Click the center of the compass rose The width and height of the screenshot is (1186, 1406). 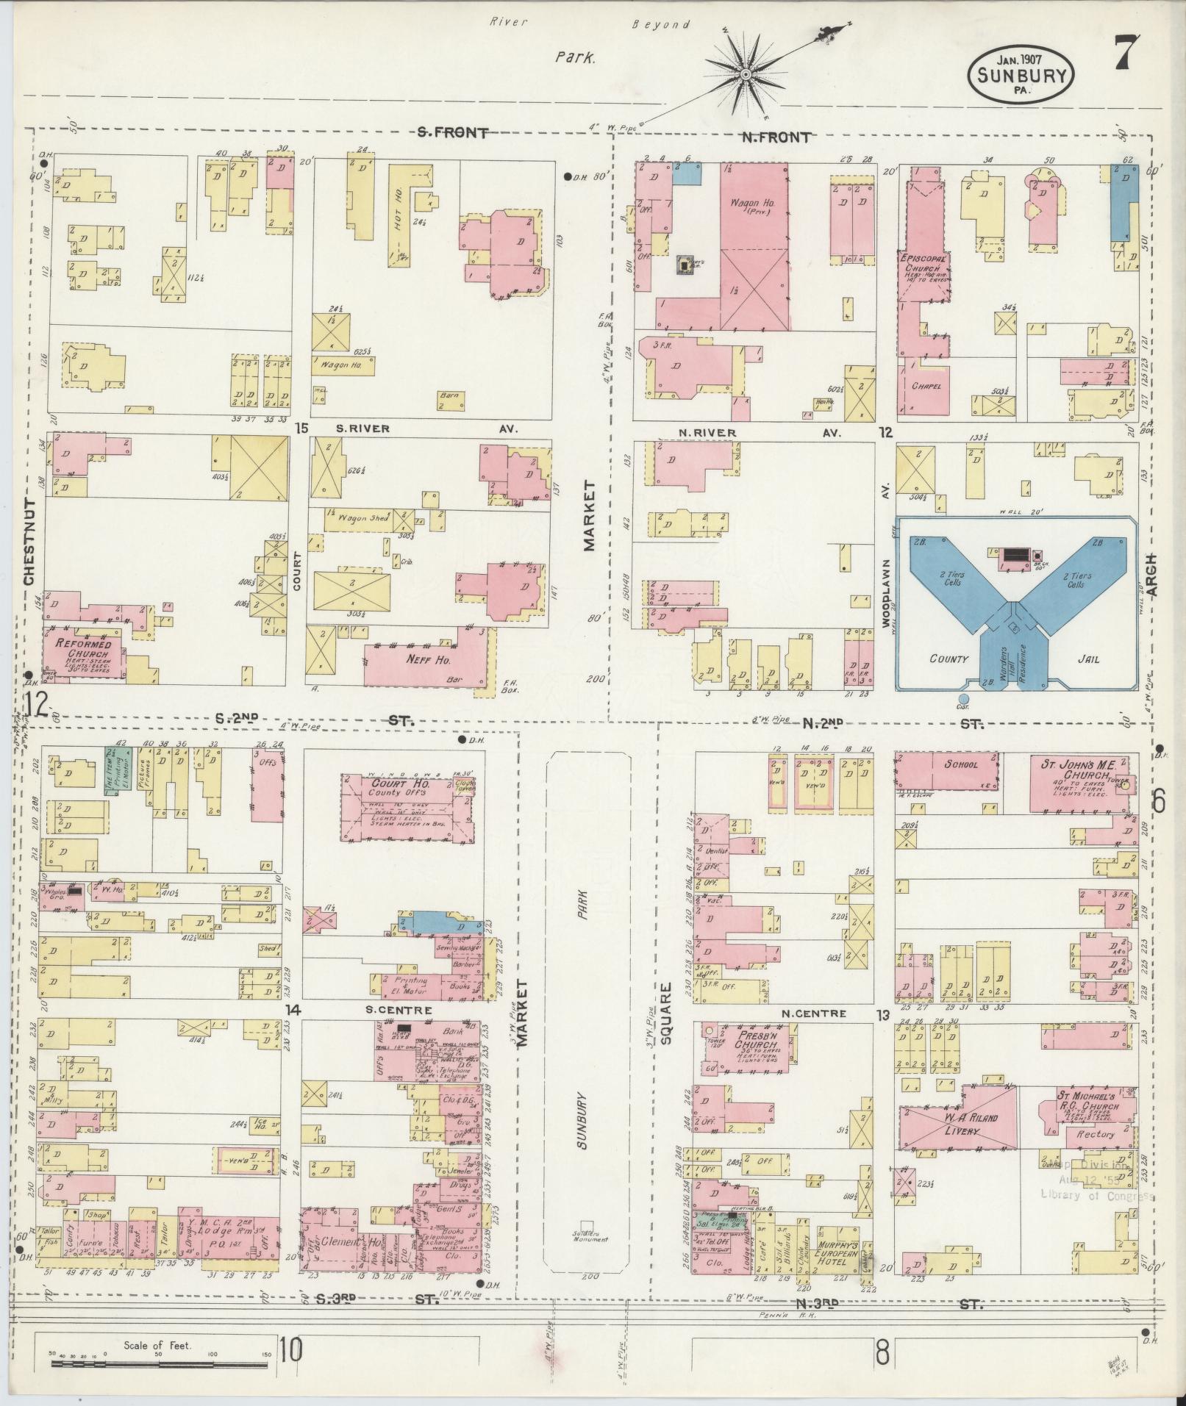(x=745, y=74)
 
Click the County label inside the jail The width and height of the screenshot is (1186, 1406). (x=949, y=659)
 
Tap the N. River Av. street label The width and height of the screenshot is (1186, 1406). (x=707, y=432)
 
